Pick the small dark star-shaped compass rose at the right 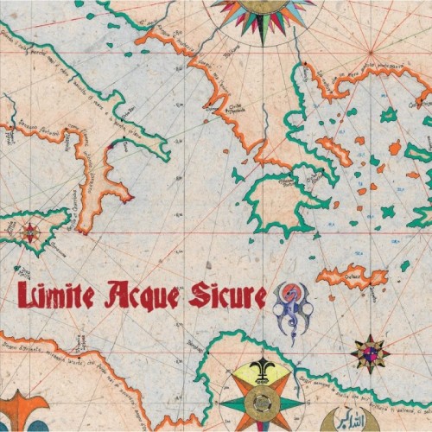pos(370,353)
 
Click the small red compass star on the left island pos(31,232)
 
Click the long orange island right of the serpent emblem pos(352,277)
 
